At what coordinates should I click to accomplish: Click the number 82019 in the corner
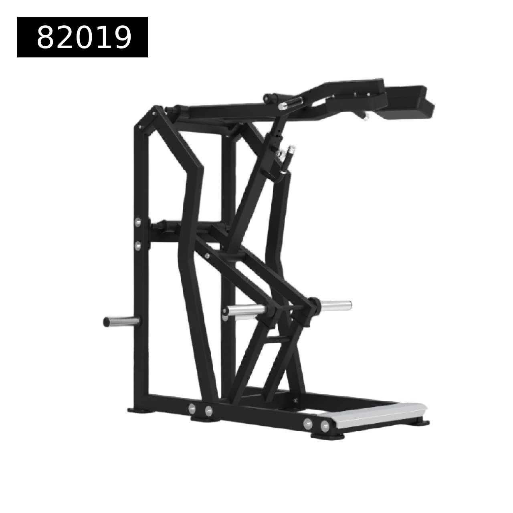tap(84, 38)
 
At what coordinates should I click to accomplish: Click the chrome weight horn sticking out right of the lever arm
tap(336, 305)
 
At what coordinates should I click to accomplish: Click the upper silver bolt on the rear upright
tap(138, 222)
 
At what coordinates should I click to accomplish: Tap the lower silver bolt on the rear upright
tap(138, 244)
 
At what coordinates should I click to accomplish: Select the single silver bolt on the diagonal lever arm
tap(207, 256)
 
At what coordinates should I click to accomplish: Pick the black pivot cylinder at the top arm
tap(272, 97)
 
